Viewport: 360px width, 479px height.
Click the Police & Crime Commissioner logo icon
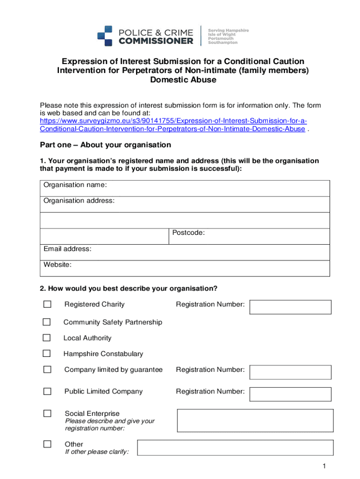(x=105, y=36)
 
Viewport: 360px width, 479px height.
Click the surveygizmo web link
(x=173, y=125)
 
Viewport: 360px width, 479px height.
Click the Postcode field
(x=249, y=236)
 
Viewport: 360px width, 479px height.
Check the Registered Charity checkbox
(x=47, y=305)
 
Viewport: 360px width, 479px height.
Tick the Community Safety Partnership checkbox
(x=47, y=322)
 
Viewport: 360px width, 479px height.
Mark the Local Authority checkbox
(x=47, y=338)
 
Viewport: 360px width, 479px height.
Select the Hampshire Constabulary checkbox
(x=47, y=354)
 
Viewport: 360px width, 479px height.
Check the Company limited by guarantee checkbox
(x=47, y=370)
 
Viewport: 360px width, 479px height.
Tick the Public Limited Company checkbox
(x=47, y=391)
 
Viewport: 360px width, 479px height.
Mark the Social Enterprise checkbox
(x=47, y=413)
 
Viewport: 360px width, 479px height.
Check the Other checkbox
(x=47, y=444)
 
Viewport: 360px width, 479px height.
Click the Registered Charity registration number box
(x=290, y=307)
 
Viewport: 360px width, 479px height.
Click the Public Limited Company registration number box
(x=290, y=394)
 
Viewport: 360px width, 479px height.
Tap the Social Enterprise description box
(x=255, y=421)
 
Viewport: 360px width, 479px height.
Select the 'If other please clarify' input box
(x=235, y=448)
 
